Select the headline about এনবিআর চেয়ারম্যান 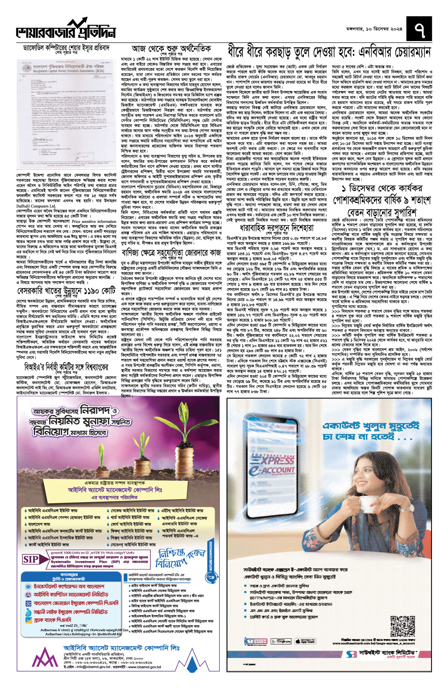coord(329,52)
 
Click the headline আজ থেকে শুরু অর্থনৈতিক coord(171,49)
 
